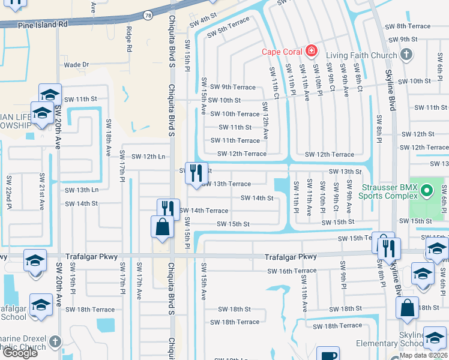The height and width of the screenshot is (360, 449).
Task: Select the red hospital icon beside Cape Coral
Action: tap(311, 51)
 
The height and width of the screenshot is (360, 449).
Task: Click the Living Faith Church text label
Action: tap(361, 55)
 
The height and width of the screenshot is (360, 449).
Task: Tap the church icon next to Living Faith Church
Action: tap(406, 55)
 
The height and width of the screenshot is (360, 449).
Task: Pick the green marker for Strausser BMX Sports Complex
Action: tap(426, 192)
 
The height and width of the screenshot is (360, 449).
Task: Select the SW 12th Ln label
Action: tap(148, 157)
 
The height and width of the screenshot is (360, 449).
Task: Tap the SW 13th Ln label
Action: tap(82, 190)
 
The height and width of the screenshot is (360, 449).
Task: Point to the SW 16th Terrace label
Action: tap(292, 271)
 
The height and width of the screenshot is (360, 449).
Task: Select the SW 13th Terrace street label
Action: tap(226, 184)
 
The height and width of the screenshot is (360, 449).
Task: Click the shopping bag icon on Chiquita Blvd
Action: tap(162, 228)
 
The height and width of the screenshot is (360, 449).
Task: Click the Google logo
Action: tap(20, 353)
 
